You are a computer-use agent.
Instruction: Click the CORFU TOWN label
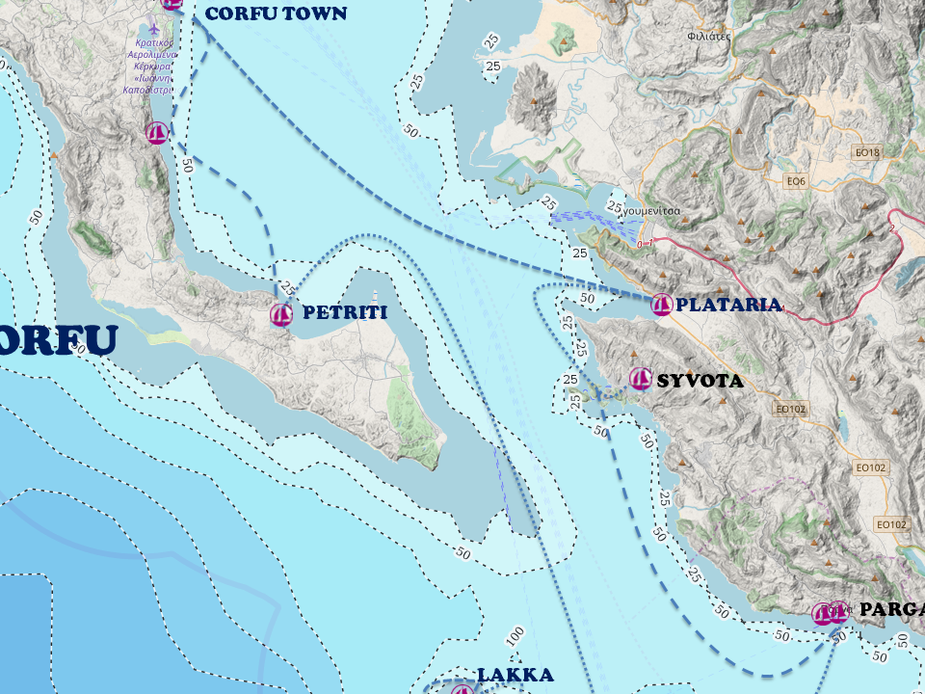pyautogui.click(x=276, y=13)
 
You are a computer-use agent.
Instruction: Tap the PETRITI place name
pyautogui.click(x=344, y=312)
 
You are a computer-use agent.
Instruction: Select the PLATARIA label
pyautogui.click(x=728, y=305)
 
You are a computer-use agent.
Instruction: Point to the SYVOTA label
pyautogui.click(x=700, y=381)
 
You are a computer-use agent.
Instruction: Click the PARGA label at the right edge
pyautogui.click(x=891, y=609)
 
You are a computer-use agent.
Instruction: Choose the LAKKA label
pyautogui.click(x=515, y=675)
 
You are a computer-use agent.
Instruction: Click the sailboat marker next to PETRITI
pyautogui.click(x=281, y=314)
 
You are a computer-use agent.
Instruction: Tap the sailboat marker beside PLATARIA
pyautogui.click(x=662, y=306)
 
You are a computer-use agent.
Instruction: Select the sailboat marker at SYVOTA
pyautogui.click(x=640, y=379)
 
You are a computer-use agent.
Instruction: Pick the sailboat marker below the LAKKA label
pyautogui.click(x=462, y=689)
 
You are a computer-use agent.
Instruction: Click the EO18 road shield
pyautogui.click(x=868, y=152)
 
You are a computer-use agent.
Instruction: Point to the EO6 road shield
pyautogui.click(x=795, y=180)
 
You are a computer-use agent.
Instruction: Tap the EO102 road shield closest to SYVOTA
pyautogui.click(x=789, y=409)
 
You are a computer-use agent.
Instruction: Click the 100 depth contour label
pyautogui.click(x=515, y=637)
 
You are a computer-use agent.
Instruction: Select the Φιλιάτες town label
pyautogui.click(x=710, y=36)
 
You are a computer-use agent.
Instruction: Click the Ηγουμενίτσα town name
pyautogui.click(x=651, y=210)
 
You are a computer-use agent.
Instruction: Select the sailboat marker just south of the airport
pyautogui.click(x=158, y=133)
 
